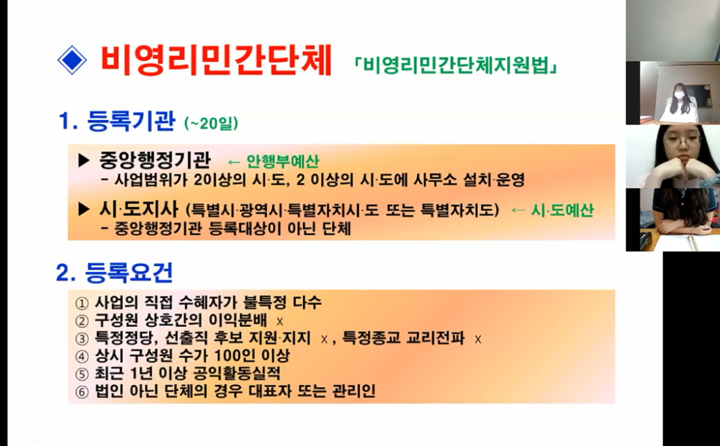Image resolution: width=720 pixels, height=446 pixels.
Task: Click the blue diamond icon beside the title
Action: click(72, 60)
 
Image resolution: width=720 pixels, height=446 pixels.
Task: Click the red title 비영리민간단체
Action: click(216, 60)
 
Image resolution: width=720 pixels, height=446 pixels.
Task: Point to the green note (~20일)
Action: click(211, 123)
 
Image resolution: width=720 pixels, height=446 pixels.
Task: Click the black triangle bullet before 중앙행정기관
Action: click(84, 160)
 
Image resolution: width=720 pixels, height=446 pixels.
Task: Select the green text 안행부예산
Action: click(283, 161)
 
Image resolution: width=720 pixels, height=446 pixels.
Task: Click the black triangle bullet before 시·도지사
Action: click(84, 209)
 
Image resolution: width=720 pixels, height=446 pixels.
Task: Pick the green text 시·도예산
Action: click(562, 210)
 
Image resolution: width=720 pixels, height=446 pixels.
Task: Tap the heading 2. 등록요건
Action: click(114, 273)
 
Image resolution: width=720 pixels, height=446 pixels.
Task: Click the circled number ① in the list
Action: click(82, 304)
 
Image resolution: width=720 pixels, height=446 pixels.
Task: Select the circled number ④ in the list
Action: click(82, 357)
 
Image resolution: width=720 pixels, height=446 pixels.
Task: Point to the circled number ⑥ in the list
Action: click(82, 392)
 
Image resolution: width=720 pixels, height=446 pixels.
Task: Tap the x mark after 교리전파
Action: click(477, 340)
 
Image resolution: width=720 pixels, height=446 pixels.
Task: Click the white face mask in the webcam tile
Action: click(679, 96)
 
